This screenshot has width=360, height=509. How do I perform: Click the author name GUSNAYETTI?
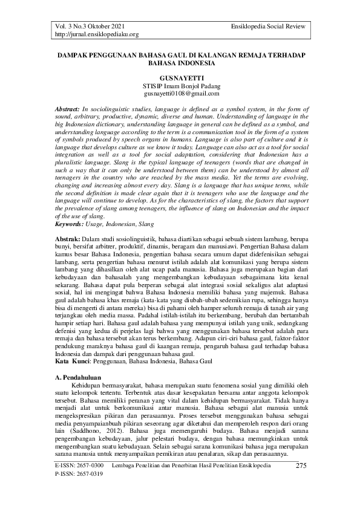coord(180,78)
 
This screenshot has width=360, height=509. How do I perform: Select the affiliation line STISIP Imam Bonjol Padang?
coord(180,86)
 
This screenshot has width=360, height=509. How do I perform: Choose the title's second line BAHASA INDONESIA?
coord(180,62)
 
